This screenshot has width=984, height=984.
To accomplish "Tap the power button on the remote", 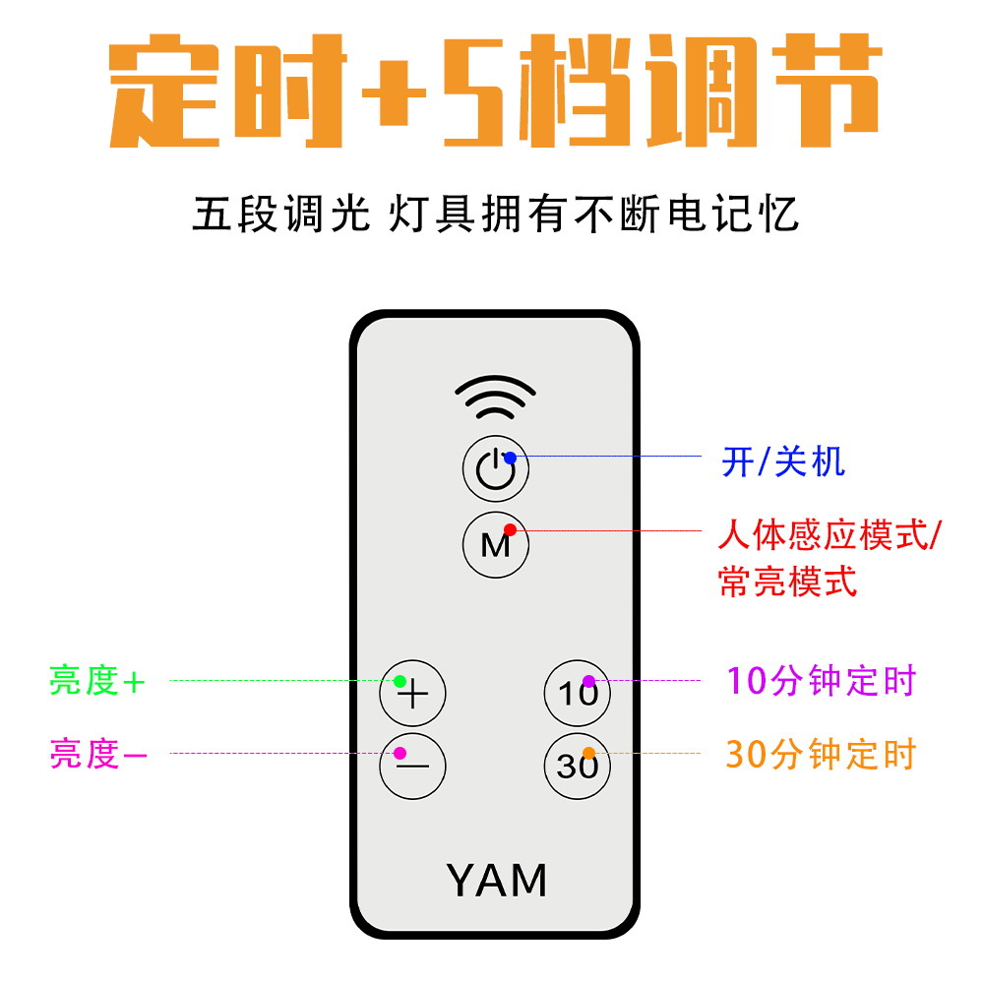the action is coord(495,468).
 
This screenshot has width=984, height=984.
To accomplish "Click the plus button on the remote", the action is coord(413,694).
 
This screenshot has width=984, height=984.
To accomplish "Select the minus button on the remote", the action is coord(413,765).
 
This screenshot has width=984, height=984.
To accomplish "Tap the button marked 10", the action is coord(578,693).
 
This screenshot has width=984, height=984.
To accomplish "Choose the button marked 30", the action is coord(578,765).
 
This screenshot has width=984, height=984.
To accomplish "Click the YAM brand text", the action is coord(496,880).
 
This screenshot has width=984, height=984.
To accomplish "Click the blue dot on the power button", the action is coord(510,458).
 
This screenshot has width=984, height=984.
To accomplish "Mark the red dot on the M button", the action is coord(509,529).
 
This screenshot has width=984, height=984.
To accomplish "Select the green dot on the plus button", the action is coord(400,681).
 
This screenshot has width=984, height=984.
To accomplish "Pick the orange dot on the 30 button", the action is coord(588,754).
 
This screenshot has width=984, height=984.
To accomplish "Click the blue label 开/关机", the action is coord(783,461).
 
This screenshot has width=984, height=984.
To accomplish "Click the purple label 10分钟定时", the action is coord(821,681).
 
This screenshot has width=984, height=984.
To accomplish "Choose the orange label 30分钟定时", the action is coord(821,755).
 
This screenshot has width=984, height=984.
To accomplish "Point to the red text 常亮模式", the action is coord(788,582).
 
